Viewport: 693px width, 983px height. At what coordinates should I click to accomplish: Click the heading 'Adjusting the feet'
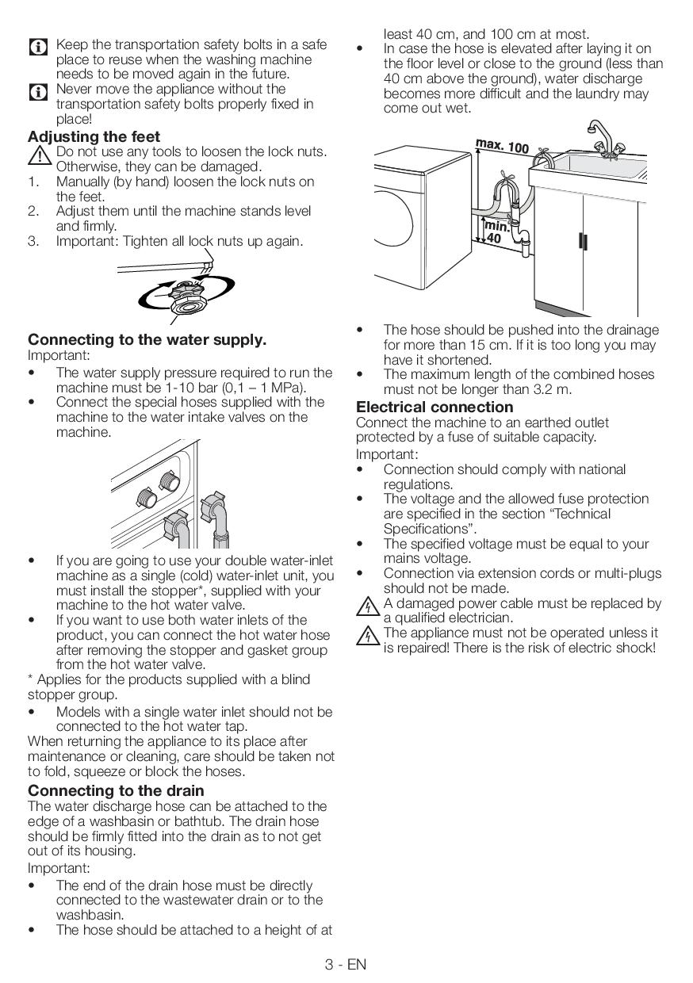(x=94, y=136)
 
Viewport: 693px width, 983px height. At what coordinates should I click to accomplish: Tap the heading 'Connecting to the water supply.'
(x=147, y=339)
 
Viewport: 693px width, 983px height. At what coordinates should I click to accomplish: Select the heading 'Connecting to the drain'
(x=116, y=790)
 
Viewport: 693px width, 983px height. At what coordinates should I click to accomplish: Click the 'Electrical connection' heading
(x=435, y=407)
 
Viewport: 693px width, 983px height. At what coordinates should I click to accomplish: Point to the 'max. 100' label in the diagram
(x=502, y=146)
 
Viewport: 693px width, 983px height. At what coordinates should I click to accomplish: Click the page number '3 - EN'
(x=346, y=964)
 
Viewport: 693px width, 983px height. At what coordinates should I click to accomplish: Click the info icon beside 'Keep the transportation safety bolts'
(x=38, y=47)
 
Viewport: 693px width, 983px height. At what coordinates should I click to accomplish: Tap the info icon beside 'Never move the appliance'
(x=38, y=92)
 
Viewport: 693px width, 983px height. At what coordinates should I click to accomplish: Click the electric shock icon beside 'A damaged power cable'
(x=366, y=609)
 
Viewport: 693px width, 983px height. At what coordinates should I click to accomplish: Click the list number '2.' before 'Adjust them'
(x=33, y=211)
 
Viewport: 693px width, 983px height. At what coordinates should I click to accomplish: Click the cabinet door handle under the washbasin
(x=584, y=239)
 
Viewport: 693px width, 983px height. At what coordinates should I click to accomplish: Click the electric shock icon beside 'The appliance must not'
(x=366, y=637)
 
